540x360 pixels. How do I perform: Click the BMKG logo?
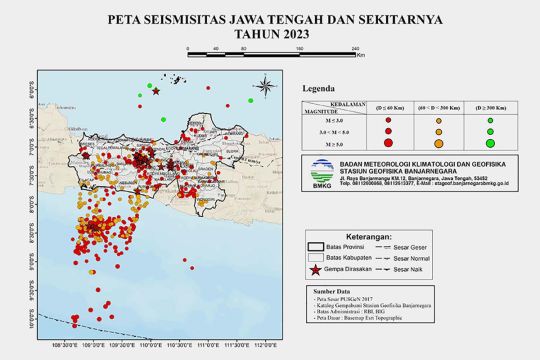pos(321,171)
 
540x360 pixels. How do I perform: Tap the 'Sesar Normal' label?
pos(403,257)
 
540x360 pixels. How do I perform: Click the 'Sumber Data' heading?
pos(332,292)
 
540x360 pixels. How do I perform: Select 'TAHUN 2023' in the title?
pos(271,33)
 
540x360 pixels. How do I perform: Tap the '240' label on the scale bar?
pos(357,48)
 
